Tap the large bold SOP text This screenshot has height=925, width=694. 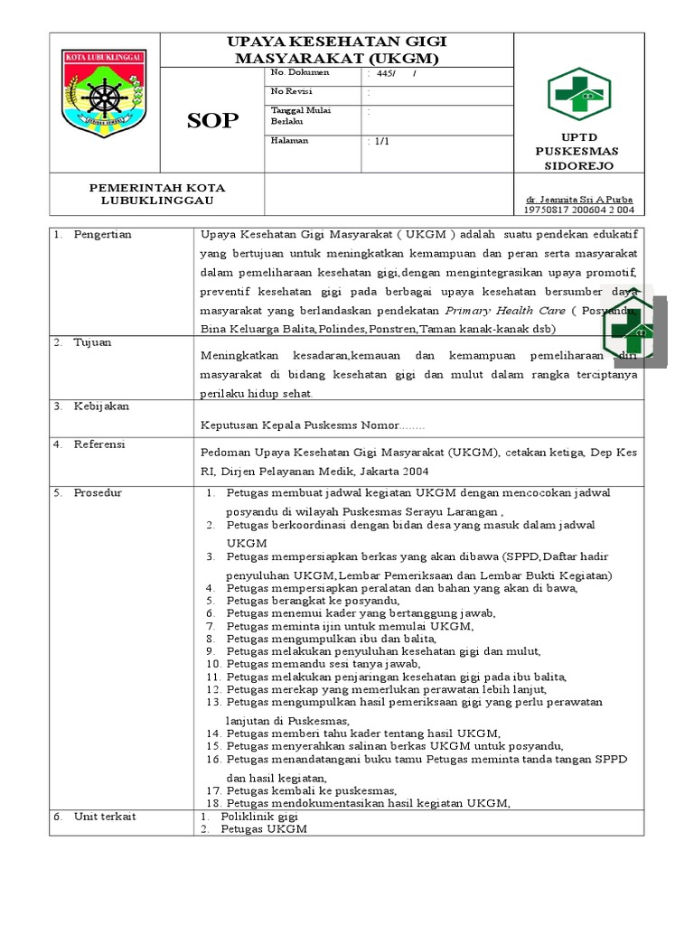pyautogui.click(x=212, y=121)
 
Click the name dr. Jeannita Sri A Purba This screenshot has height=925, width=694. pyautogui.click(x=579, y=199)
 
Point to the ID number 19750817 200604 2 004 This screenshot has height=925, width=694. pyautogui.click(x=579, y=210)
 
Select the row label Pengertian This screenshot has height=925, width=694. pyautogui.click(x=102, y=235)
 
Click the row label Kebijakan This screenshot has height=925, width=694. pyautogui.click(x=100, y=406)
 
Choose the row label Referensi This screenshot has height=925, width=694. pyautogui.click(x=99, y=444)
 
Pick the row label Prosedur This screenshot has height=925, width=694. pyautogui.click(x=98, y=492)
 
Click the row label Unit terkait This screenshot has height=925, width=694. pyautogui.click(x=105, y=816)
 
